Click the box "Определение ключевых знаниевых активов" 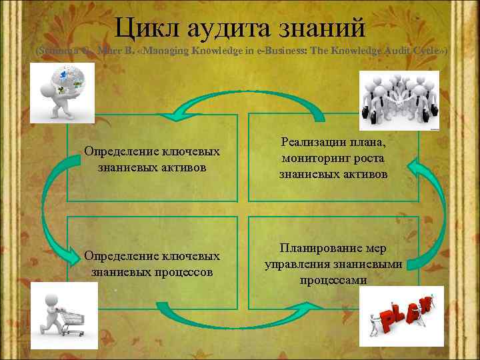coord(152,158)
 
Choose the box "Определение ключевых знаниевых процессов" coord(152,264)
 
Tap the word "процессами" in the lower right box coord(333,280)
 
